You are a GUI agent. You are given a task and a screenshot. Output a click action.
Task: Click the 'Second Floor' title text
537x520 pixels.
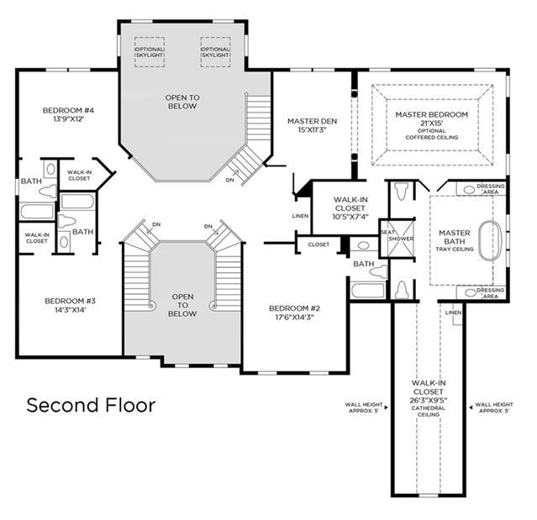click(x=91, y=406)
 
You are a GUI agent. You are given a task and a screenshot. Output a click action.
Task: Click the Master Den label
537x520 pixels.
click(x=311, y=125)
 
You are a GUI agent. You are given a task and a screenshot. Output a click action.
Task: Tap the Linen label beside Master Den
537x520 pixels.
click(x=300, y=216)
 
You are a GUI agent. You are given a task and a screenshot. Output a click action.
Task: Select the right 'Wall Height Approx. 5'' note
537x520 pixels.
click(x=493, y=407)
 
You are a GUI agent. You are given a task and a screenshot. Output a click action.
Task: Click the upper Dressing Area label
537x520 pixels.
click(x=490, y=189)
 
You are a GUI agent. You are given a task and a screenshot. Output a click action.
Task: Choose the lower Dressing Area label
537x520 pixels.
click(x=490, y=293)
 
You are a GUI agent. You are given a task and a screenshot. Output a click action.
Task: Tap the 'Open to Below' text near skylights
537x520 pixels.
click(x=182, y=102)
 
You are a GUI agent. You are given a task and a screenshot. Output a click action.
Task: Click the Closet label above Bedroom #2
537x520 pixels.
click(x=319, y=244)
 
